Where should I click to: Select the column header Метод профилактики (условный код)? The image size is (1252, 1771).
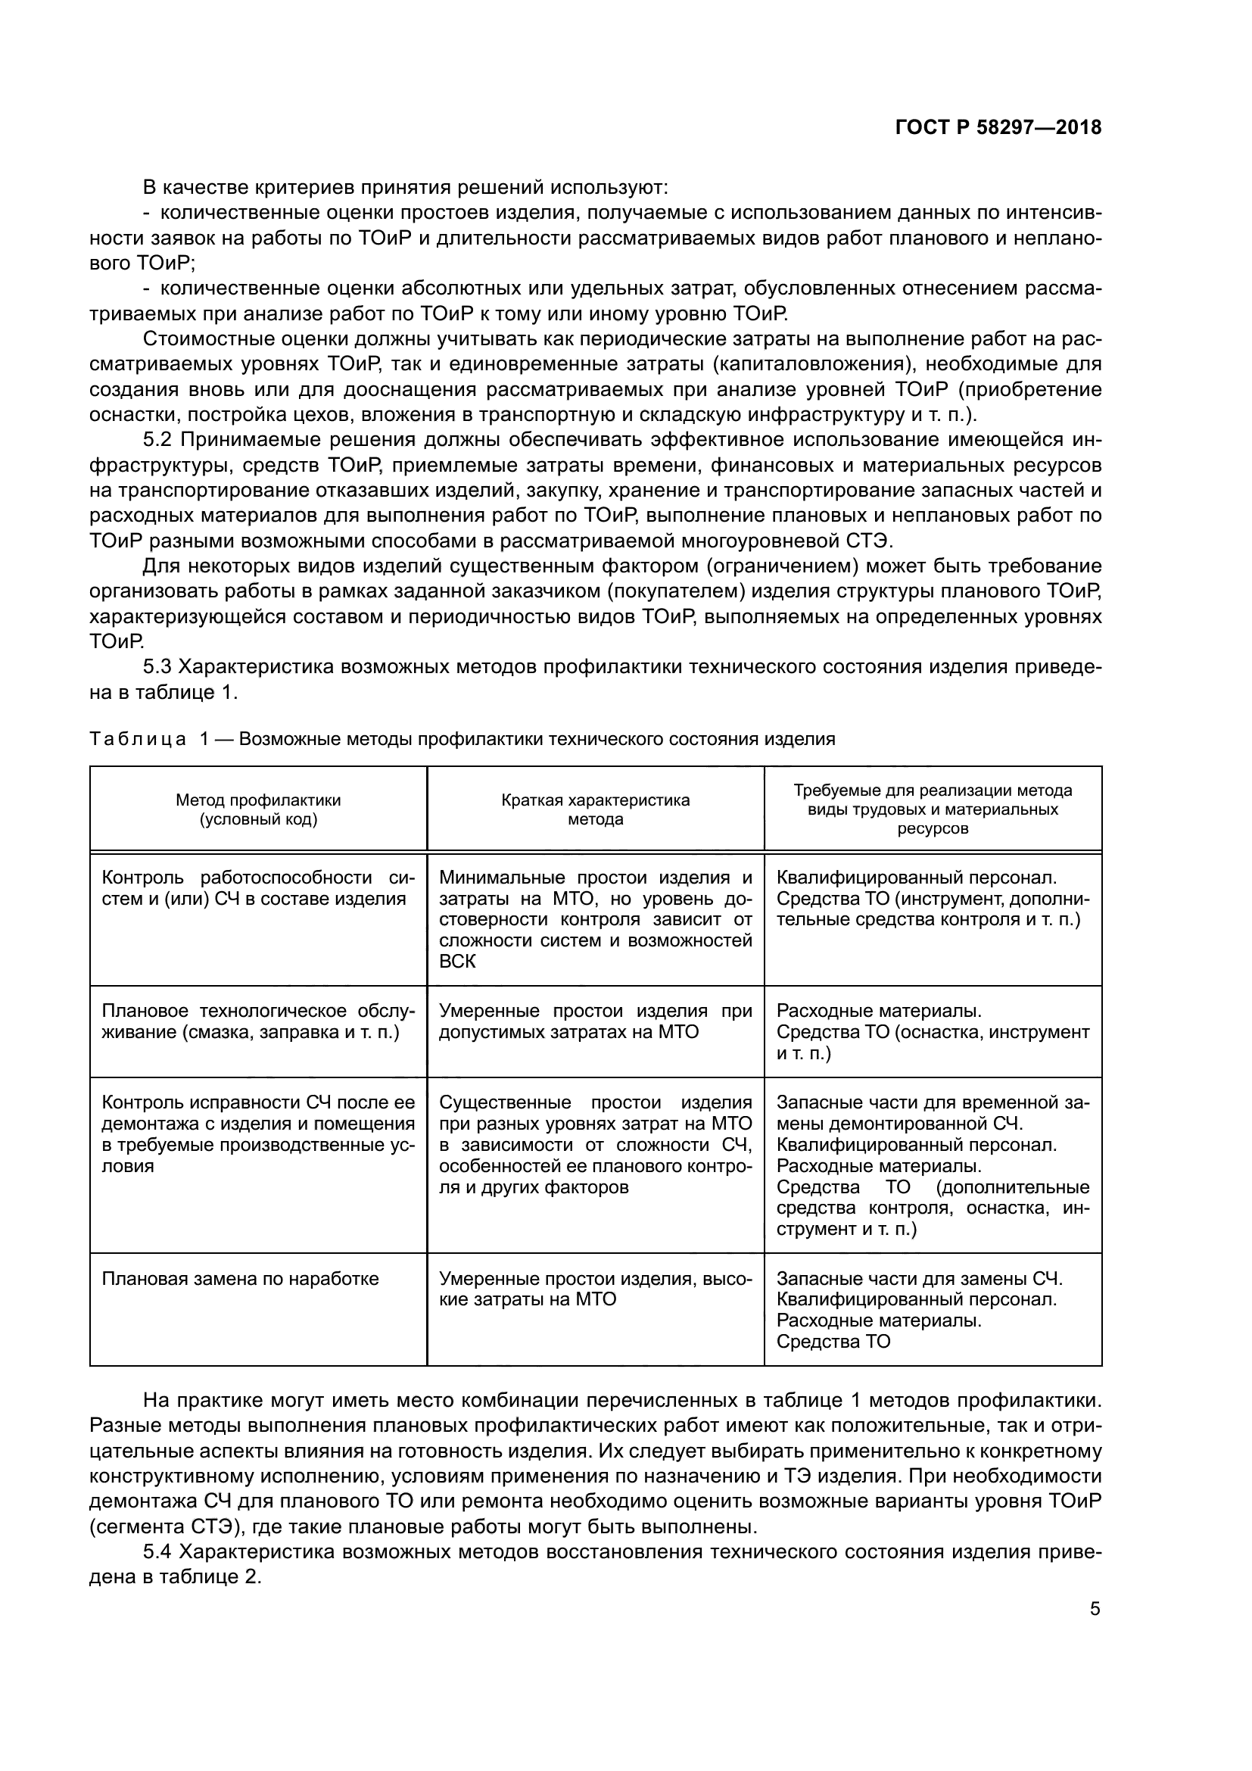258,809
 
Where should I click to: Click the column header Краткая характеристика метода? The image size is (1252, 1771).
595,809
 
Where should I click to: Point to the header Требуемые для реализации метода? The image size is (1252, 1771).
933,790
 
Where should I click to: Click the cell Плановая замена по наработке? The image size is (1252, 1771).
241,1279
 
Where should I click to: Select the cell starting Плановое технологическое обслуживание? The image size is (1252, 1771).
258,1021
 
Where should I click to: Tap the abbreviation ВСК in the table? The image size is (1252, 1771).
457,961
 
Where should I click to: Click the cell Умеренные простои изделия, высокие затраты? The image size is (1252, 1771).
595,1289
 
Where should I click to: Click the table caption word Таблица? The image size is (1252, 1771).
137,739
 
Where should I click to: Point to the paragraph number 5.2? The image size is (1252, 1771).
160,440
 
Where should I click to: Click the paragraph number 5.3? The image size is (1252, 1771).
160,666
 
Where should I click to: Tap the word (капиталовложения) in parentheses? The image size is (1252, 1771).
814,364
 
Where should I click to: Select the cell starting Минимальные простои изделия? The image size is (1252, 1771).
595,918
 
